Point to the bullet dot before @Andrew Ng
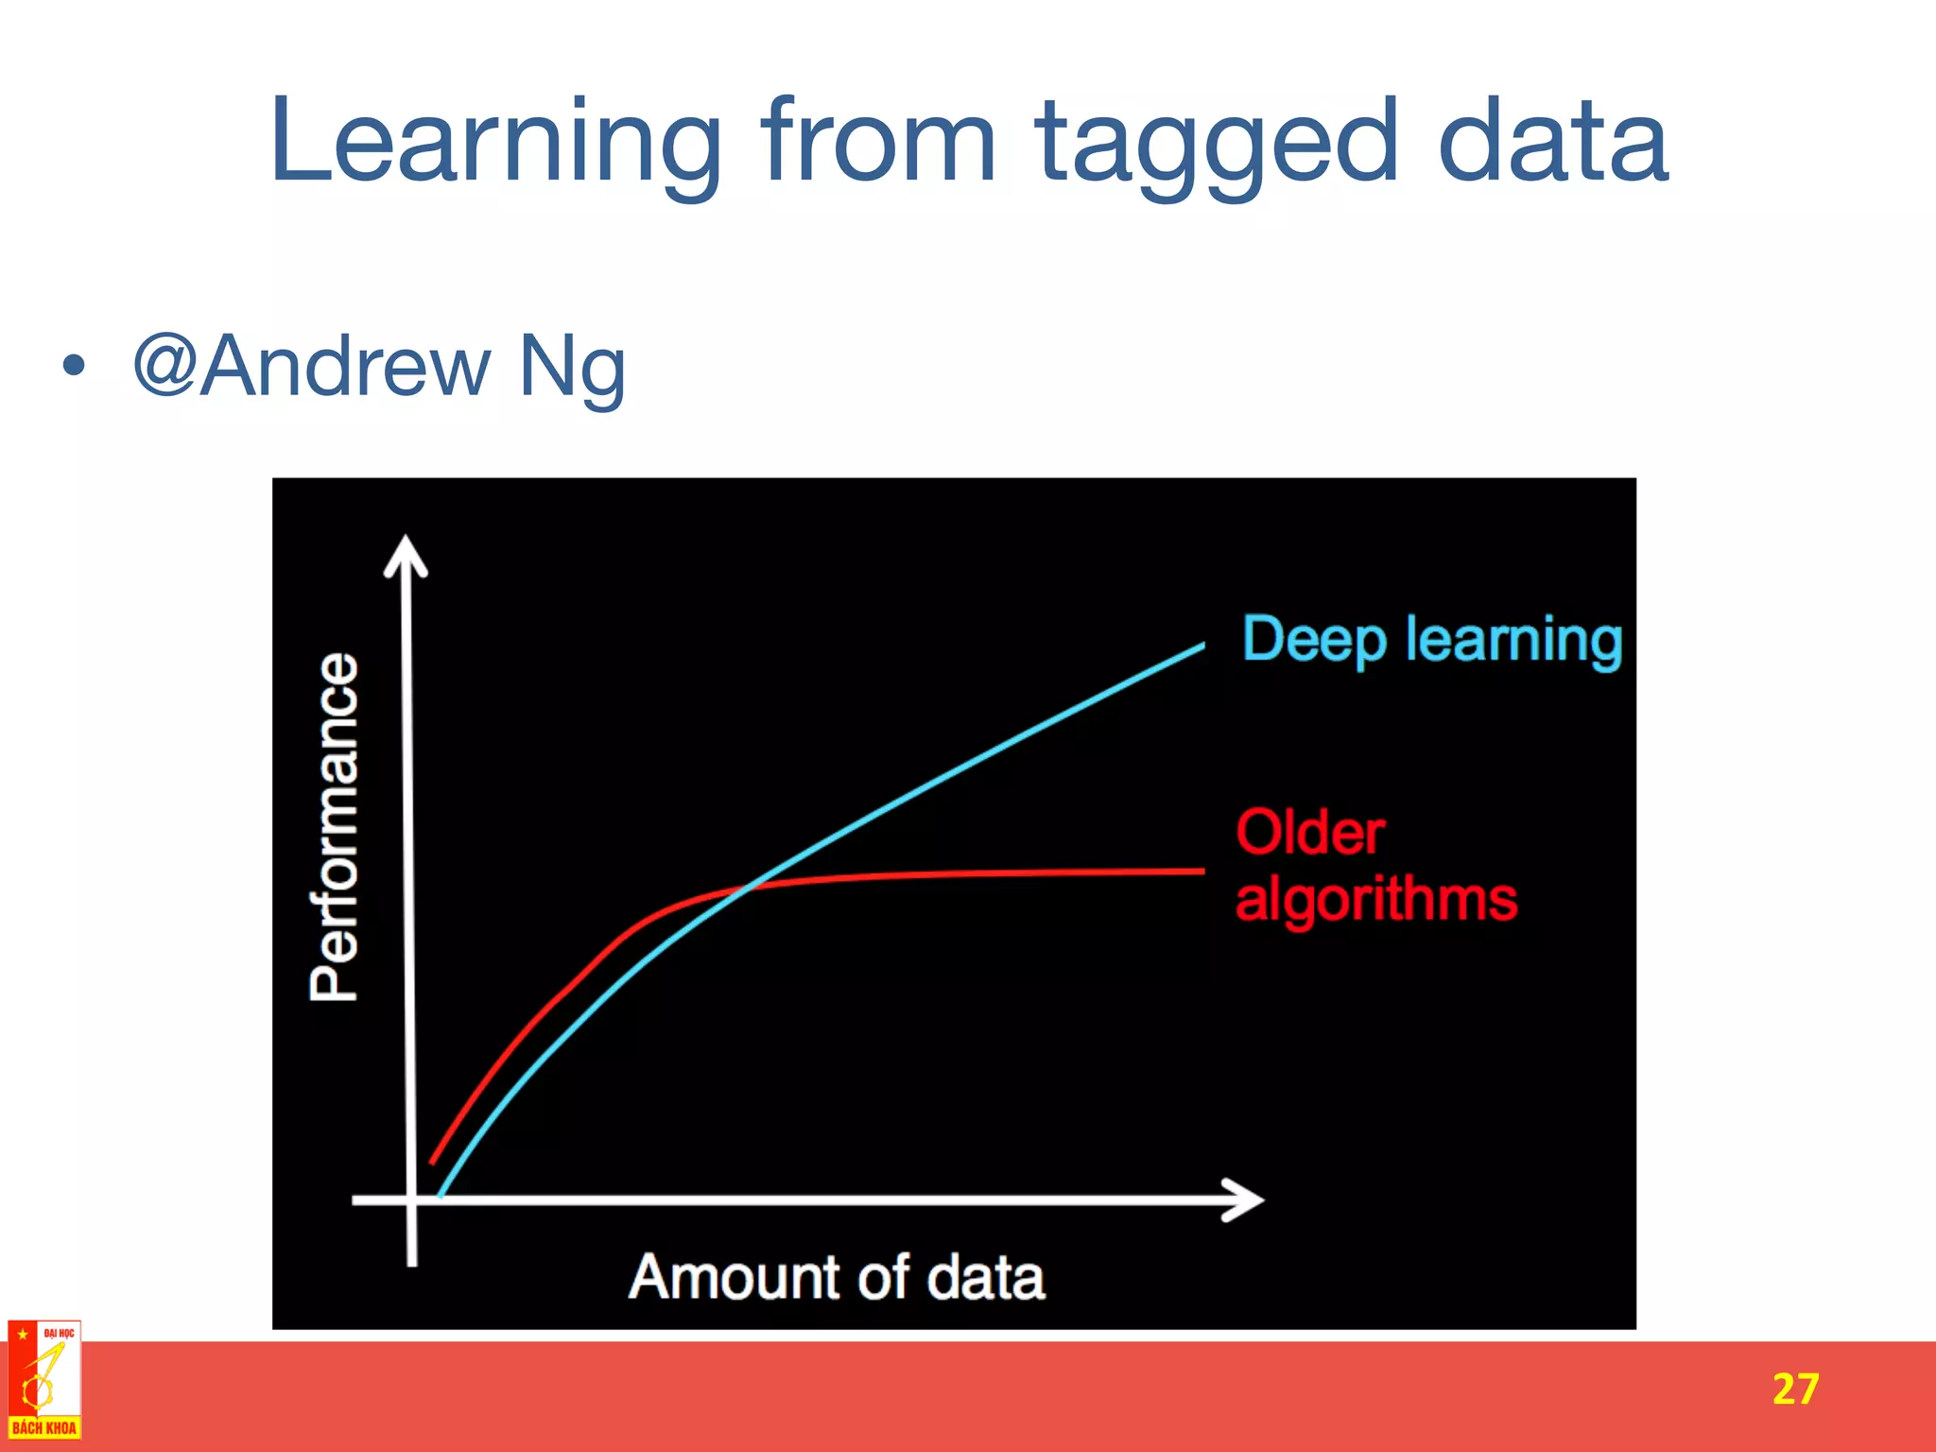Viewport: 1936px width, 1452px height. pos(74,365)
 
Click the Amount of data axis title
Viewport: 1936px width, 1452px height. pos(837,1277)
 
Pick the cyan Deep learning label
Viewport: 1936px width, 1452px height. pos(1431,640)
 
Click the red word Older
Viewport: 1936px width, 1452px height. pos(1310,833)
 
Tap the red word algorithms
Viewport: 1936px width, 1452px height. pos(1376,899)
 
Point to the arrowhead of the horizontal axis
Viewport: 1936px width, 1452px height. pos(1248,1200)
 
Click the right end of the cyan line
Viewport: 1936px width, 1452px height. pos(1201,647)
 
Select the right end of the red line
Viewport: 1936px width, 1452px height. pos(1202,871)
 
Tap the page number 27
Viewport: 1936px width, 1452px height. pos(1794,1389)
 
